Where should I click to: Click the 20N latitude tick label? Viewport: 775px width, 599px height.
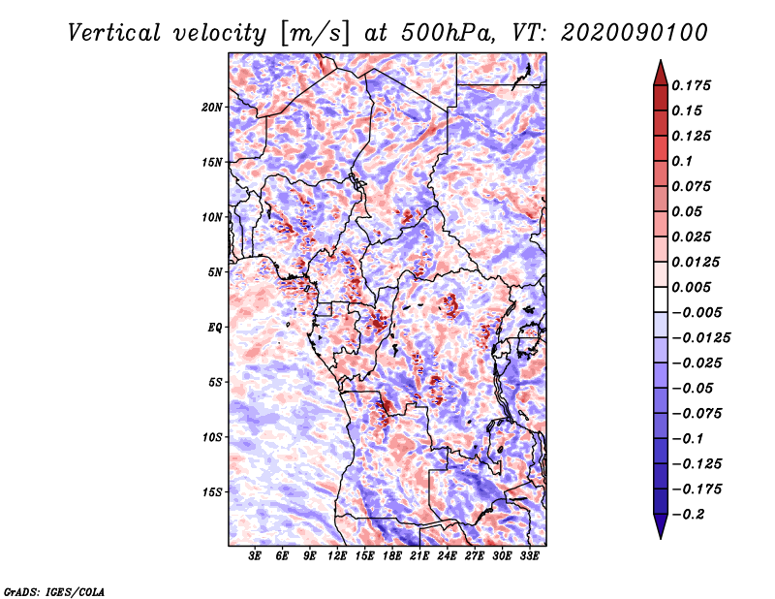point(213,107)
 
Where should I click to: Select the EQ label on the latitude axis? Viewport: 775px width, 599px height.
point(215,327)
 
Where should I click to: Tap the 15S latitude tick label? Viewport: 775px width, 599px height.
point(213,491)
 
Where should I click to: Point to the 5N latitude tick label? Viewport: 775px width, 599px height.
point(216,271)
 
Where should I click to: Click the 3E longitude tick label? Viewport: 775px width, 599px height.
point(256,555)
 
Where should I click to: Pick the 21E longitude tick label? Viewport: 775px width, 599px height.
point(419,555)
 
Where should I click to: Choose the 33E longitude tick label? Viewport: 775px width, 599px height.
point(530,555)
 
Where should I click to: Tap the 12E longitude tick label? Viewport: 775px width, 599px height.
point(338,555)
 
